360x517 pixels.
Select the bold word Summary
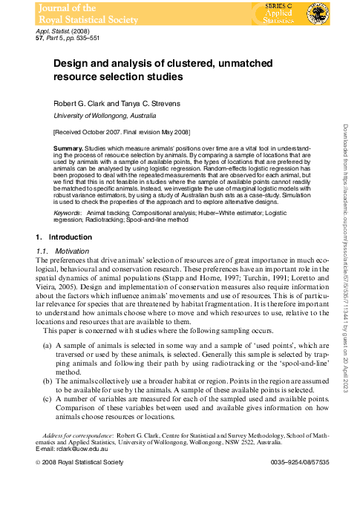pos(68,149)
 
